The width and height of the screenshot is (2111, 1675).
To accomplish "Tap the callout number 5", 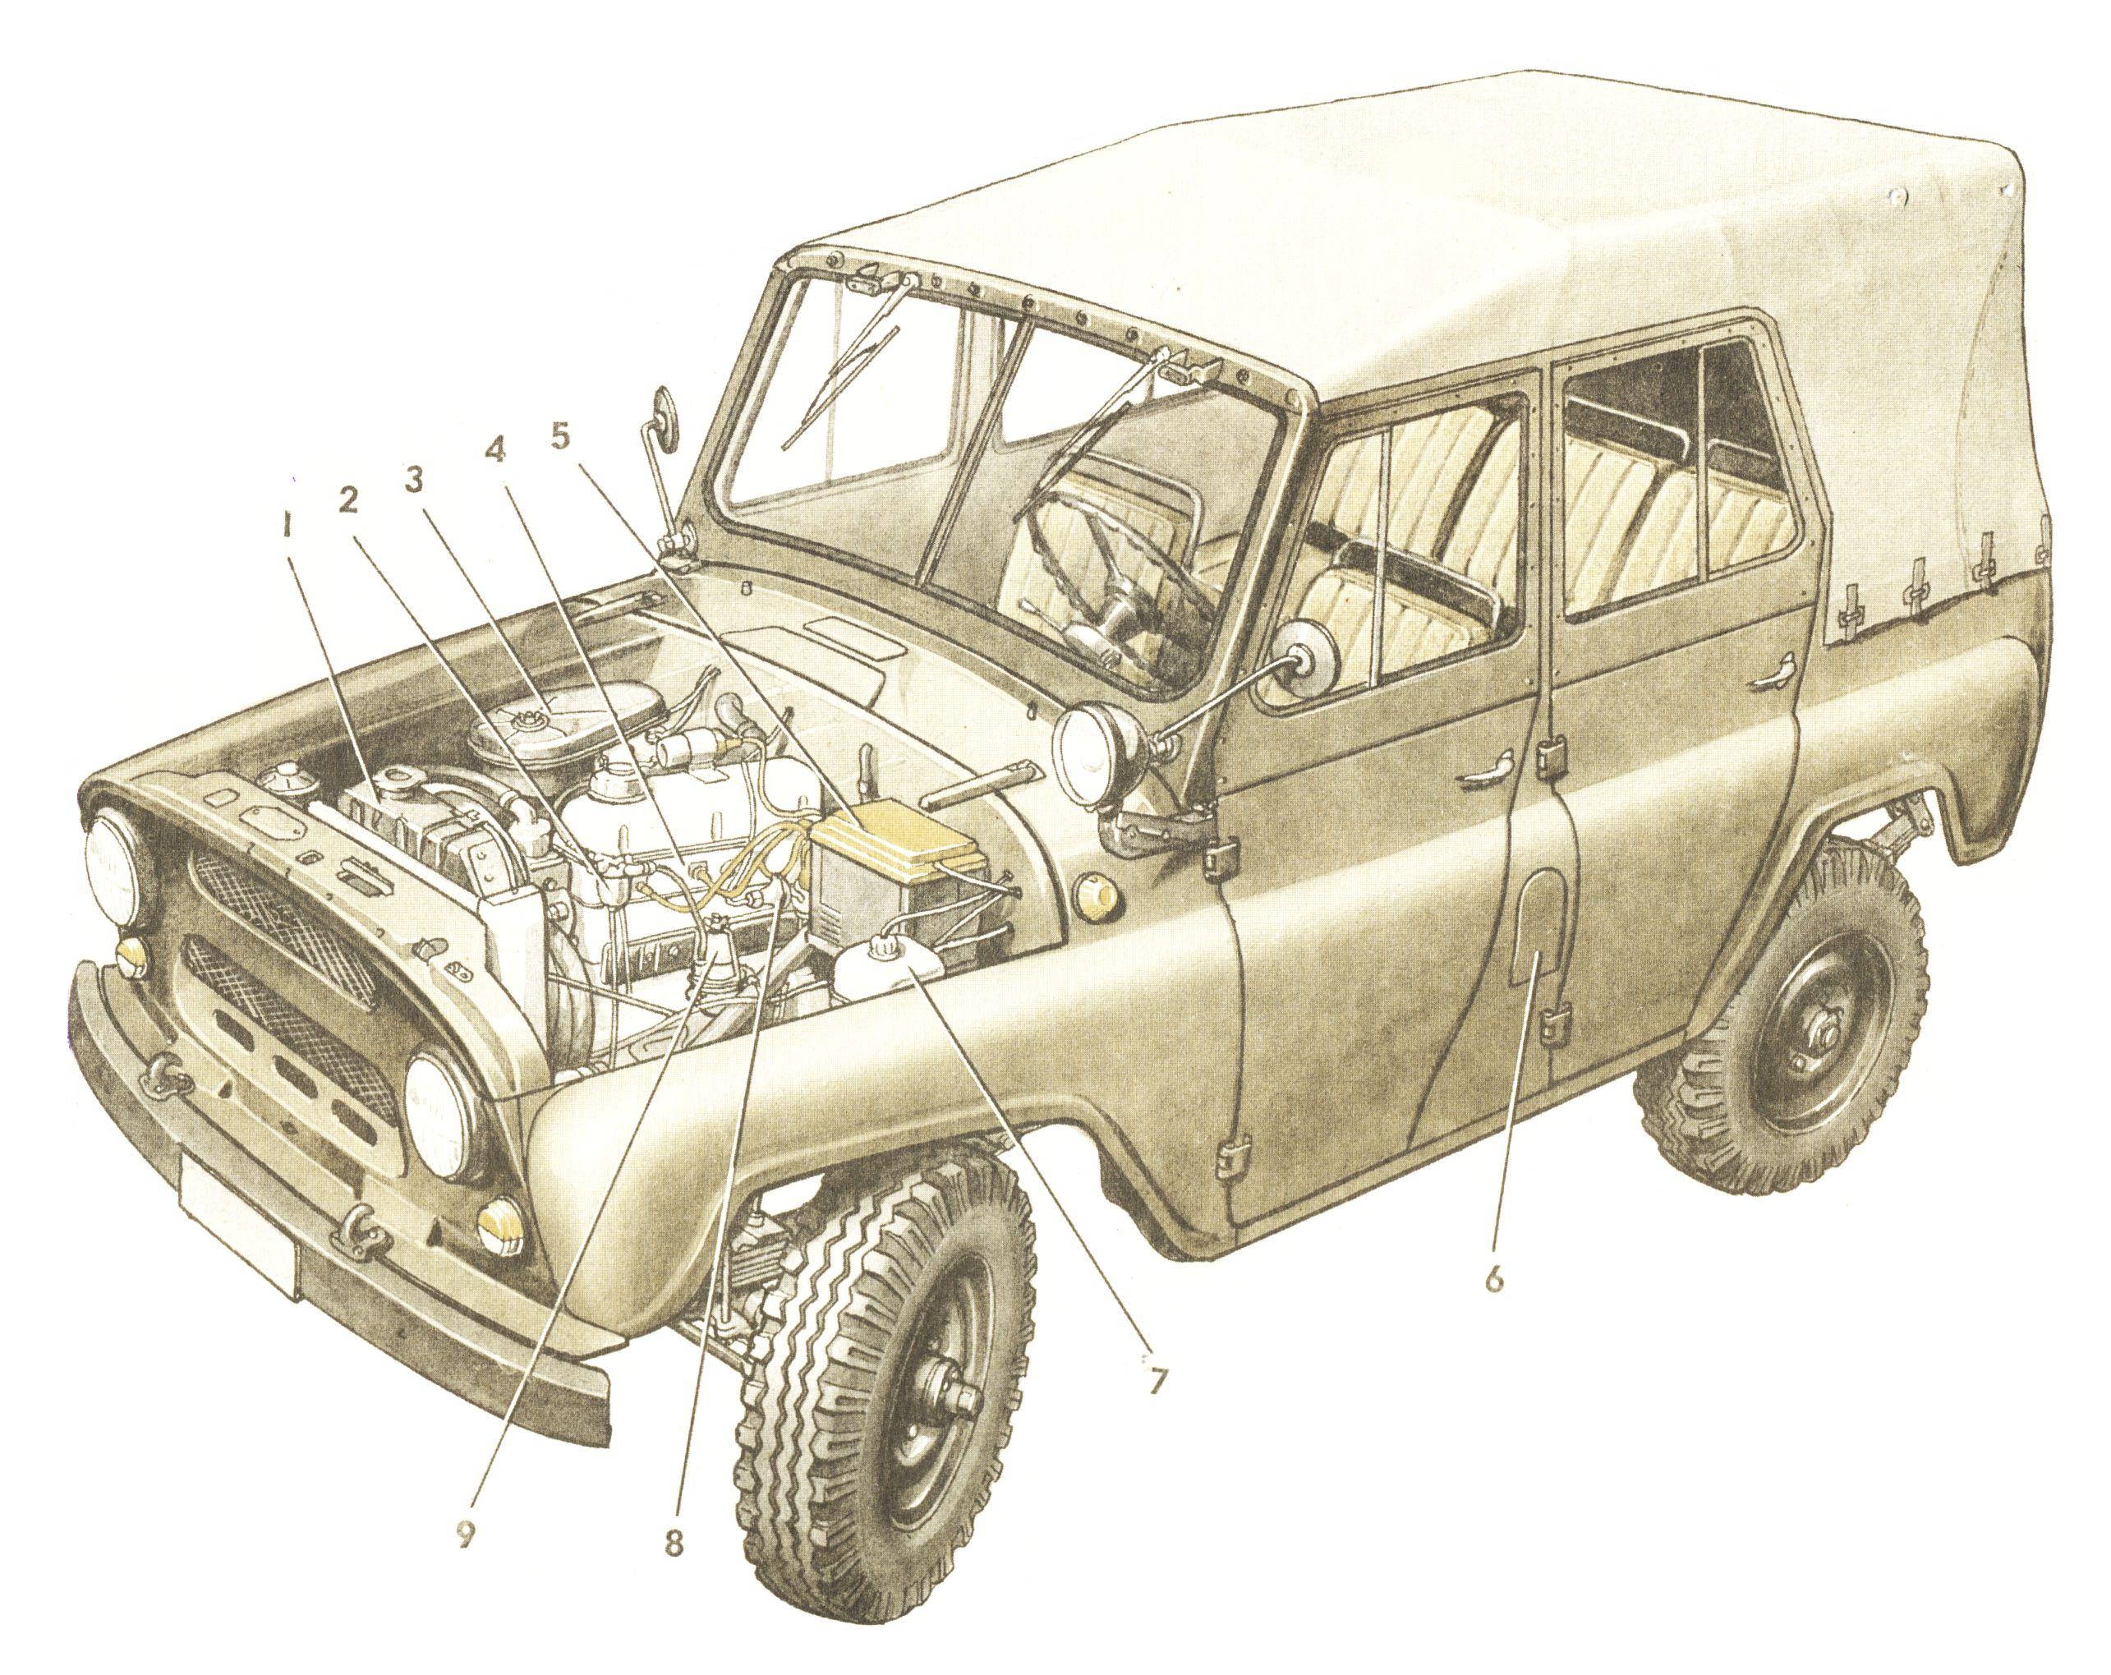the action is pyautogui.click(x=560, y=435).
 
